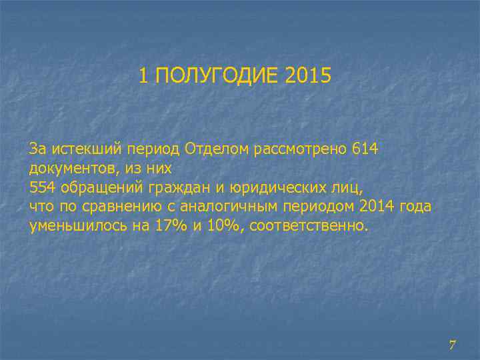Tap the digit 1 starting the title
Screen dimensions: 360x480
coord(144,75)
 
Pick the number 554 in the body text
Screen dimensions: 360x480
coord(43,187)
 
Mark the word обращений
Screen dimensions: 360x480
coord(99,187)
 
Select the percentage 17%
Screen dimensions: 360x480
coord(171,226)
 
